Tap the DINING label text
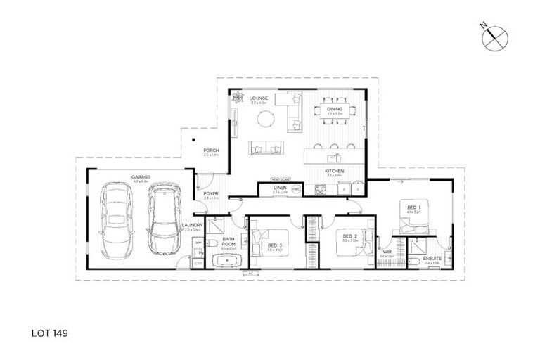(x=334, y=109)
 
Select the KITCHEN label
(x=333, y=172)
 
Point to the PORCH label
(x=211, y=150)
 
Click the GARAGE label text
(x=140, y=176)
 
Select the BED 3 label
(x=275, y=245)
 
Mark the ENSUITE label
(x=432, y=258)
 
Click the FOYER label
(x=211, y=193)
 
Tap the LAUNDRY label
(x=192, y=226)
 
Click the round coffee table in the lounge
(x=266, y=120)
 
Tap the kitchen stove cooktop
(x=320, y=188)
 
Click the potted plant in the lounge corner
(x=237, y=97)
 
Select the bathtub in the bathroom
(x=226, y=262)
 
